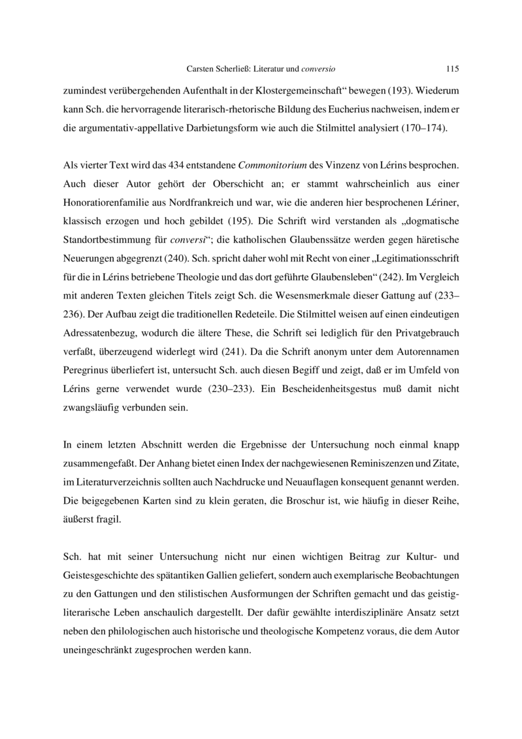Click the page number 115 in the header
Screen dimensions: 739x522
pos(452,67)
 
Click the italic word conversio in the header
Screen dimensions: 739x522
pos(321,67)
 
